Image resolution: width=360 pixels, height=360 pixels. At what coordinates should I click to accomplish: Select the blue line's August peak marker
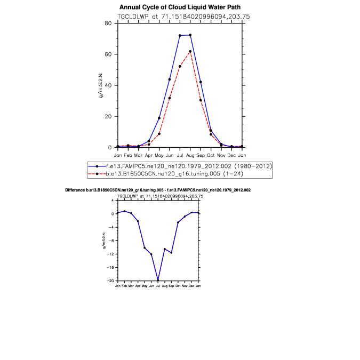click(x=190, y=35)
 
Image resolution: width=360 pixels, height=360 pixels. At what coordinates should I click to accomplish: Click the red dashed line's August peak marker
click(x=190, y=51)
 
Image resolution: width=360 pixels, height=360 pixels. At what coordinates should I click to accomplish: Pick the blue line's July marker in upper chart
click(x=180, y=36)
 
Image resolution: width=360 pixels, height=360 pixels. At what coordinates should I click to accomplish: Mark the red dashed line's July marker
click(x=180, y=66)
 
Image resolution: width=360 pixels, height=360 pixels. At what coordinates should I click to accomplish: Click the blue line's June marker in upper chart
click(x=170, y=79)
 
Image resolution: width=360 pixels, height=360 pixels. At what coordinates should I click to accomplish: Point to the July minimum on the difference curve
click(x=158, y=280)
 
